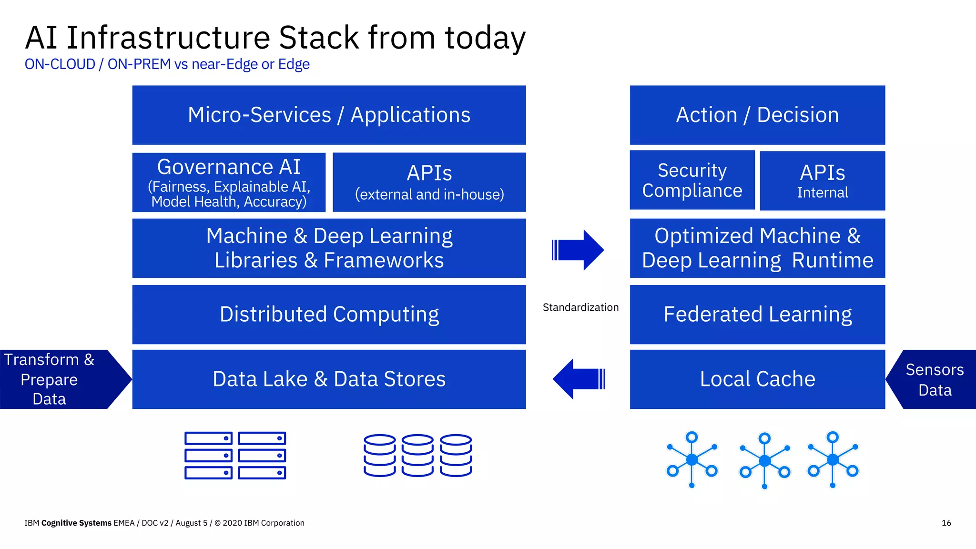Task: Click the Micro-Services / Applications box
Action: point(329,115)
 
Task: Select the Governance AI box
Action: point(229,183)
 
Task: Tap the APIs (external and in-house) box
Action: point(429,183)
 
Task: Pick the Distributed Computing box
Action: point(329,315)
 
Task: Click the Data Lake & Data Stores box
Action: point(329,379)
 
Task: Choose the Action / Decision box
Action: point(757,115)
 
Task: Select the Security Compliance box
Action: point(692,180)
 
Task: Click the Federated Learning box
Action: point(757,315)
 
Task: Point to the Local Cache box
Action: point(757,379)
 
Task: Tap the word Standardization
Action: point(580,307)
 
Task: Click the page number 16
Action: point(946,523)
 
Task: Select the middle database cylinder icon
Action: point(417,455)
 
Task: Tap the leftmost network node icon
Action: point(692,459)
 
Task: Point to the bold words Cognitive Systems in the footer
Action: point(76,523)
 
